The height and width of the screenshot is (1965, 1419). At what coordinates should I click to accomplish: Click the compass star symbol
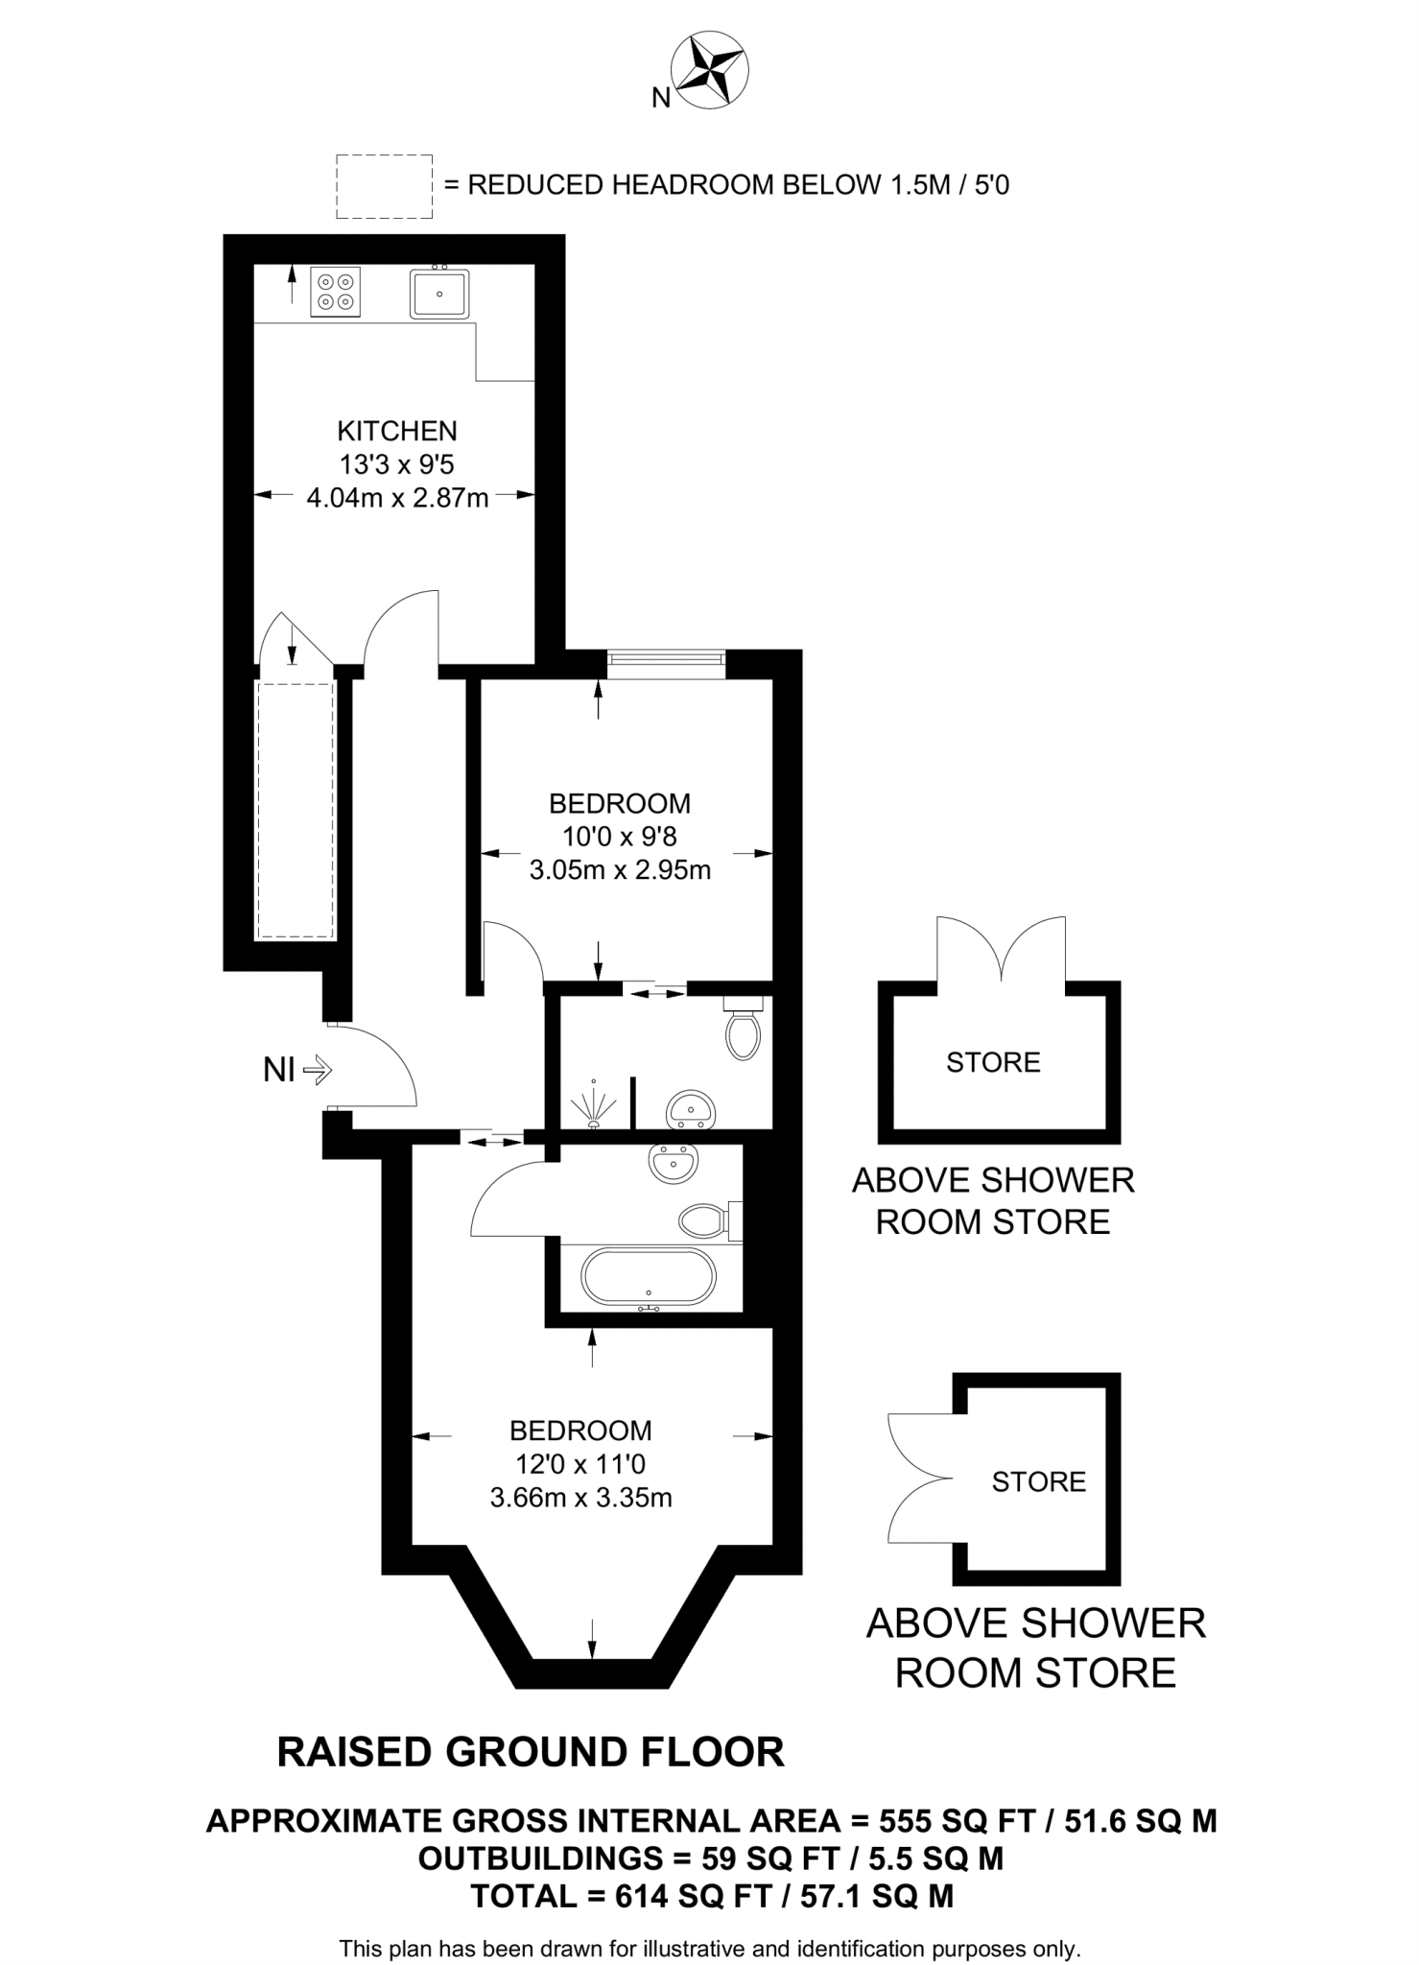point(712,69)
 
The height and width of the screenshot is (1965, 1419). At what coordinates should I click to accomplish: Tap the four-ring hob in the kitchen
point(336,292)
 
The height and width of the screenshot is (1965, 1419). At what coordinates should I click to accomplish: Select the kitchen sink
point(439,293)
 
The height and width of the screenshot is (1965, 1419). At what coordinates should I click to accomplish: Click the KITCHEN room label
point(397,431)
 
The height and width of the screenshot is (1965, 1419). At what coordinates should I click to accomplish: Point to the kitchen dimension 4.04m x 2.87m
point(397,498)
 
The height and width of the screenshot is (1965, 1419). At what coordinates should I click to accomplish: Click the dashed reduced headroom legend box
point(384,186)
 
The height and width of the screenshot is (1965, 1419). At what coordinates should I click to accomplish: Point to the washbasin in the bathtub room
point(674,1164)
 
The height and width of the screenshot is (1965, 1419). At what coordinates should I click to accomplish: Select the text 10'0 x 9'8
point(620,837)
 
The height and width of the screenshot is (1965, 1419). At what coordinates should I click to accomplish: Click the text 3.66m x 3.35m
point(581,1498)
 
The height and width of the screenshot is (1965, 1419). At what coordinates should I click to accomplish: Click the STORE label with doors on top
point(993,1062)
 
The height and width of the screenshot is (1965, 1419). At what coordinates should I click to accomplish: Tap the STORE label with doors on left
point(1039,1481)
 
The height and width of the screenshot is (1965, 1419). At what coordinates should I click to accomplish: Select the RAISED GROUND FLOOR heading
point(531,1752)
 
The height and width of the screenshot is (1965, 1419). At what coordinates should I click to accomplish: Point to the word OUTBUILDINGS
point(540,1858)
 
